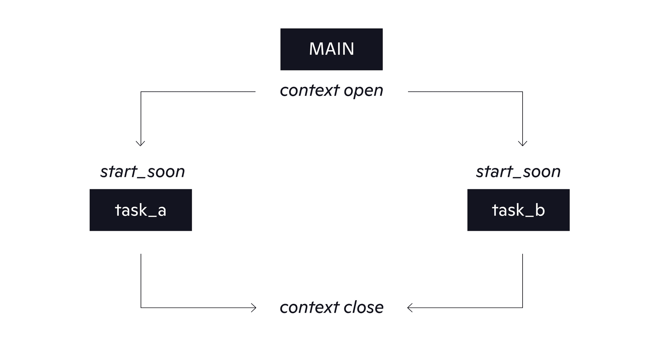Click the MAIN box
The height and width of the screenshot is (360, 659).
(x=331, y=49)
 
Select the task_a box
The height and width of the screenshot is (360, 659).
(x=141, y=210)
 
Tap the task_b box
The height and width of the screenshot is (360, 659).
(x=518, y=210)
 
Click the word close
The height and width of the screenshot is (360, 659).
(x=363, y=307)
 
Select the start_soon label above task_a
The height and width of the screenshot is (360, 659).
(x=143, y=171)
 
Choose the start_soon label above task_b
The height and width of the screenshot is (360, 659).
(x=518, y=171)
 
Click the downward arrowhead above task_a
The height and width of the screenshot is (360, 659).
(x=141, y=144)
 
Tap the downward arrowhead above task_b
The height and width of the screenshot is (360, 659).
(x=522, y=144)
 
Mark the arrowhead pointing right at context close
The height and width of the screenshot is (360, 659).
(x=254, y=308)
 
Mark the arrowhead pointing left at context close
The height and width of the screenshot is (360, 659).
(x=410, y=308)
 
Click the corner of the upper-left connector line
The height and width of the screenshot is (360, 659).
(x=141, y=92)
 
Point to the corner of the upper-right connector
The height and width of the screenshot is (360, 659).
(x=522, y=92)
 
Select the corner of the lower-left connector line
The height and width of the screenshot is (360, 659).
(x=141, y=308)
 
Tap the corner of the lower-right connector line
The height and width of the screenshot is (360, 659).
(x=522, y=308)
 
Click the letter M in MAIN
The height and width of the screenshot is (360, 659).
(x=316, y=49)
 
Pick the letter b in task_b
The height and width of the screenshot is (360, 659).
(x=540, y=210)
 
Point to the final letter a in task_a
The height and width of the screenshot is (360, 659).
(x=162, y=211)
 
